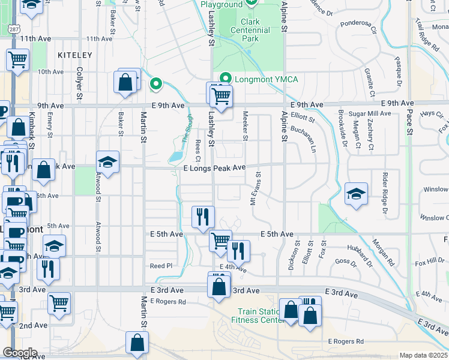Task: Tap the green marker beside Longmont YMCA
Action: click(226, 79)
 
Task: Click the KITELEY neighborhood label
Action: click(75, 55)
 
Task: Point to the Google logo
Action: click(19, 353)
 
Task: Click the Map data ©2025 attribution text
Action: click(423, 355)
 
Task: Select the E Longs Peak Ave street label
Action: click(214, 168)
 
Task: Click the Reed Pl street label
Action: click(161, 265)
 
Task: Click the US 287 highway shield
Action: click(13, 28)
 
